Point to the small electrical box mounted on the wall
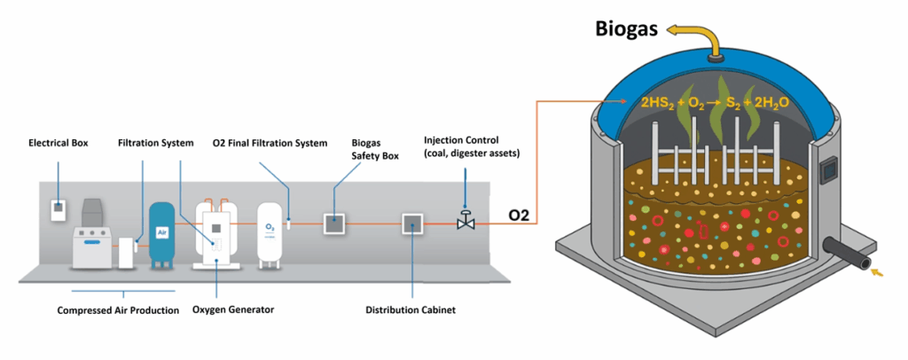[58, 210]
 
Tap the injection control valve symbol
[464, 223]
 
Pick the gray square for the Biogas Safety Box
[333, 223]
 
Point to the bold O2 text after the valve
[519, 215]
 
